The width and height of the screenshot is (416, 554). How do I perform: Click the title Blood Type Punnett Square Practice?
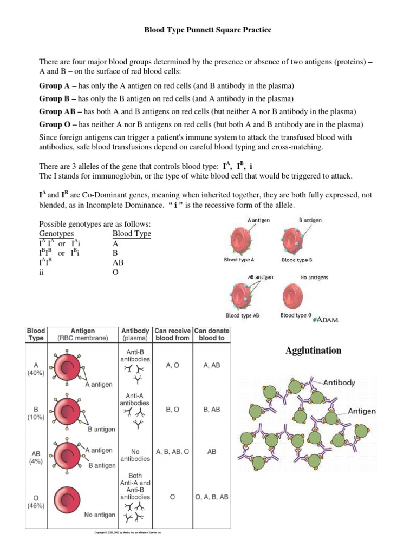(207, 30)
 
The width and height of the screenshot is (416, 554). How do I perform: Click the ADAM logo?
(327, 320)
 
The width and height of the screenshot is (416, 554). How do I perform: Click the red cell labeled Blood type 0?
(295, 297)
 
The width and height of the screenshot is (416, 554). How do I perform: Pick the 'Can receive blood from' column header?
(172, 334)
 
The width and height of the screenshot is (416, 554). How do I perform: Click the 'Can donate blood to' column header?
(211, 334)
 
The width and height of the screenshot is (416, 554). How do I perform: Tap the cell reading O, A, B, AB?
(211, 496)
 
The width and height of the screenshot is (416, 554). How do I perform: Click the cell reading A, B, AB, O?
(172, 450)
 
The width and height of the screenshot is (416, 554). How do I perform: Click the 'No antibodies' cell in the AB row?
(135, 454)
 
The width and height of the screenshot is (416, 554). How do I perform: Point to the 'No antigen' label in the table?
(99, 515)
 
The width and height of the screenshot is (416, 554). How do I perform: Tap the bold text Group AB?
(57, 111)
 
